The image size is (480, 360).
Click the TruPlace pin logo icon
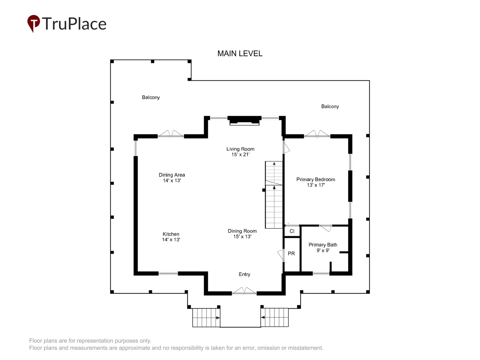point(34,23)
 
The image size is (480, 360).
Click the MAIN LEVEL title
point(240,54)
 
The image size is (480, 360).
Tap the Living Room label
point(240,152)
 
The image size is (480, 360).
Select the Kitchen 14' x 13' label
point(171,237)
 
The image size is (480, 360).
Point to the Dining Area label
point(172,178)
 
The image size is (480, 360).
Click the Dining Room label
point(242,234)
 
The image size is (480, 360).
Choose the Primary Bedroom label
point(316,182)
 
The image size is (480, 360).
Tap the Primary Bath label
point(323,247)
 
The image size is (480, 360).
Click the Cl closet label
point(292,231)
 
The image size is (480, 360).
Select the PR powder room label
point(291,253)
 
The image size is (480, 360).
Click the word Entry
point(244,274)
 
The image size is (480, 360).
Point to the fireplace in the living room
point(244,121)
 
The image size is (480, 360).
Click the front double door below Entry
point(244,291)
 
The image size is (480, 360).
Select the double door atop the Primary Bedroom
point(317,134)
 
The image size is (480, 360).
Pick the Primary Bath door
point(325,228)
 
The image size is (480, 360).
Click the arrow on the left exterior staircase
point(218,318)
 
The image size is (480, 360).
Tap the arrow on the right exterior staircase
point(263,317)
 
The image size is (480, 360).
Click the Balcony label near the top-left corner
point(151,97)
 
